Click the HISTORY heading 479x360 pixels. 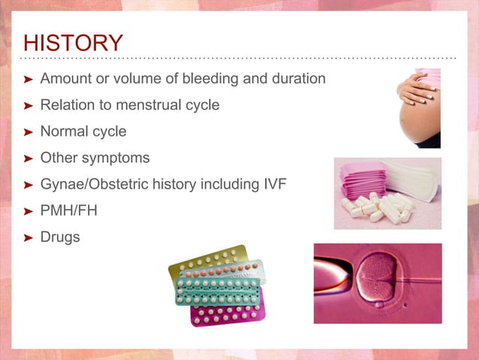tap(74, 43)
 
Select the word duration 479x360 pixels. tap(299, 78)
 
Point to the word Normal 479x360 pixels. tap(64, 132)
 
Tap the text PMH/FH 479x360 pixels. tap(69, 210)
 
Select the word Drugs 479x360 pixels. tap(60, 237)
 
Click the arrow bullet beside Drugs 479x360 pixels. tap(28, 237)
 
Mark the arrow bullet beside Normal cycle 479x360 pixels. tap(28, 132)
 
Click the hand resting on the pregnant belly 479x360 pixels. tap(415, 89)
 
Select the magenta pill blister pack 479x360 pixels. tap(227, 313)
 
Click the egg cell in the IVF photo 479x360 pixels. tap(378, 279)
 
